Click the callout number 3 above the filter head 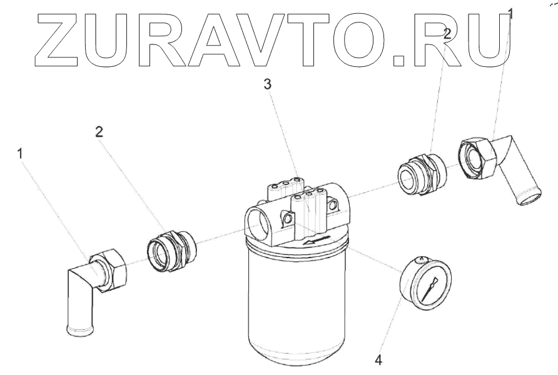pyautogui.click(x=267, y=86)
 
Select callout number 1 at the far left pyautogui.click(x=22, y=152)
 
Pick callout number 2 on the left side pyautogui.click(x=99, y=131)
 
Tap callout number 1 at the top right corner pyautogui.click(x=510, y=12)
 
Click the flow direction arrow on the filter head pyautogui.click(x=317, y=241)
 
